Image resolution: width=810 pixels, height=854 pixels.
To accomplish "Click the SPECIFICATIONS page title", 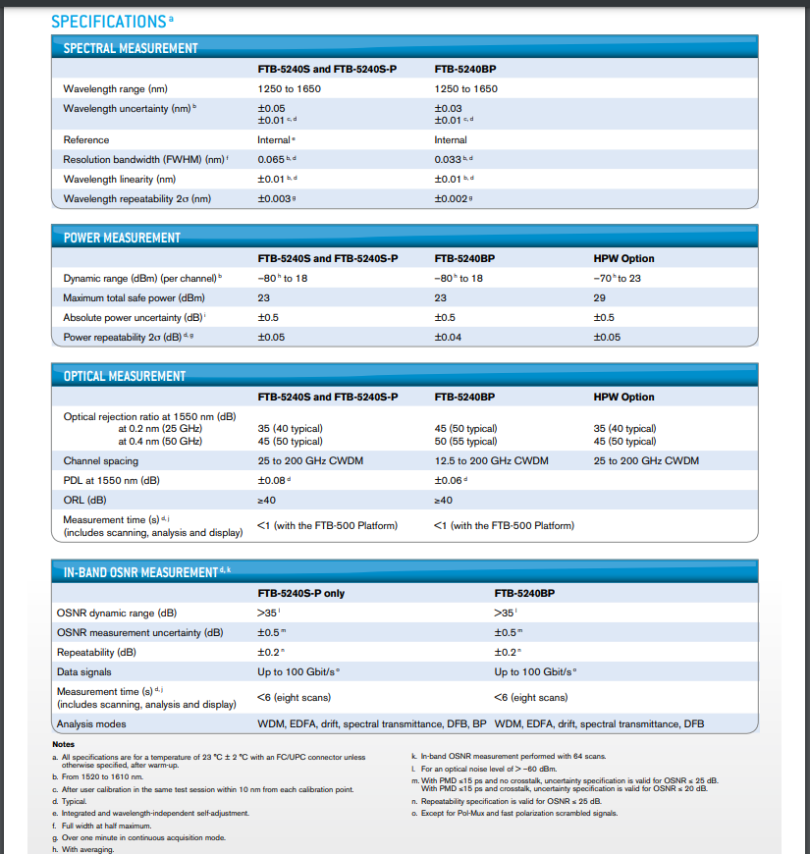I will pos(107,21).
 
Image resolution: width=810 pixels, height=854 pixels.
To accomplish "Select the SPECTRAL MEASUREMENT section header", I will pos(131,48).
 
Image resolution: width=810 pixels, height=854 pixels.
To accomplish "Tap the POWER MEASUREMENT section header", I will pos(122,238).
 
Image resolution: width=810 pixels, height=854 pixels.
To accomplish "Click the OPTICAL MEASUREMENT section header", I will pos(125,376).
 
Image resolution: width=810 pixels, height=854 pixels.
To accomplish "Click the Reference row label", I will pos(86,139).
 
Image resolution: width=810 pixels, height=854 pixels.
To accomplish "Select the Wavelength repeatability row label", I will pos(136,198).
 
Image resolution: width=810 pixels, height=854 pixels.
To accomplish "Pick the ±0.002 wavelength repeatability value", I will pos(451,198).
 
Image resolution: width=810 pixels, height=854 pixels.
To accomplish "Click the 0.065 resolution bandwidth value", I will pos(271,159).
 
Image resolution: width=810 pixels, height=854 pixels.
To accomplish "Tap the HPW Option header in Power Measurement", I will pos(623,258).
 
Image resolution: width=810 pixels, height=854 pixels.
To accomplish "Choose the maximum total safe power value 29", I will pos(600,297).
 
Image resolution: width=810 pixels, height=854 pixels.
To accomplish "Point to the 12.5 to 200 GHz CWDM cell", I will pos(491,460).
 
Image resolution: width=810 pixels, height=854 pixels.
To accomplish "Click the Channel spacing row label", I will pos(101,460).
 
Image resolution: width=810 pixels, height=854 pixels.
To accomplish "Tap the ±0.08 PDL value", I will pos(273,480).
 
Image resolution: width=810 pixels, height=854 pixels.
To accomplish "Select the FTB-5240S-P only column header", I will pos(300,593).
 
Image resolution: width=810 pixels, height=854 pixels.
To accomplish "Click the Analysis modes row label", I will pos(91,724).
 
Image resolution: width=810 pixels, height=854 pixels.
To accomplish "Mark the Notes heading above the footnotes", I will pos(64,744).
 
